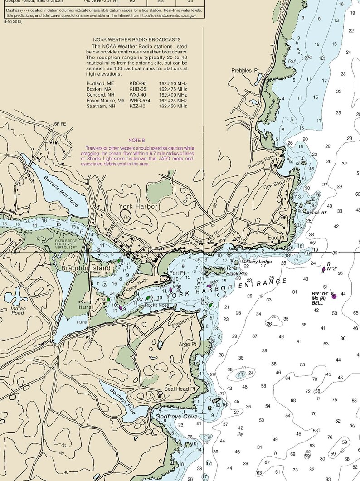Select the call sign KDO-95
click(138, 84)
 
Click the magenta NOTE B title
click(136, 141)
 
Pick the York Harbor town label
click(138, 206)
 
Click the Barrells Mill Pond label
click(61, 190)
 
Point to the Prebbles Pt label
click(245, 71)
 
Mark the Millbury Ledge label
click(256, 262)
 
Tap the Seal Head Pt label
click(180, 389)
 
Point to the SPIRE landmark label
click(60, 124)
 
